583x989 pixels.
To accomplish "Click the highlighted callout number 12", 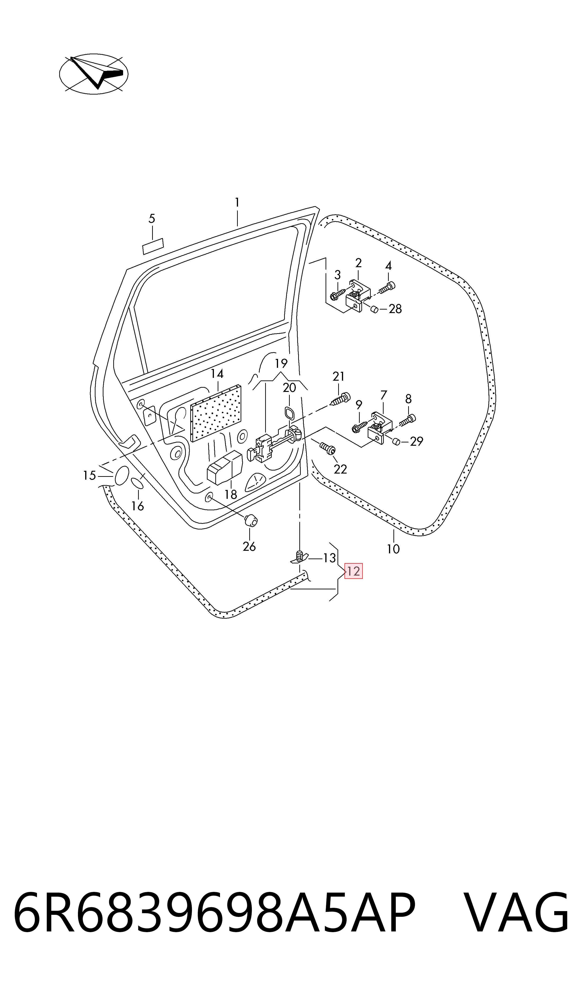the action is coord(353,571).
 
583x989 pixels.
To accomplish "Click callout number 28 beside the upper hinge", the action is coord(395,309).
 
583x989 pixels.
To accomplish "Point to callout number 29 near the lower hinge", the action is coord(416,442).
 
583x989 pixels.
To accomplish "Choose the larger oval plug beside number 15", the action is coord(121,476).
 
